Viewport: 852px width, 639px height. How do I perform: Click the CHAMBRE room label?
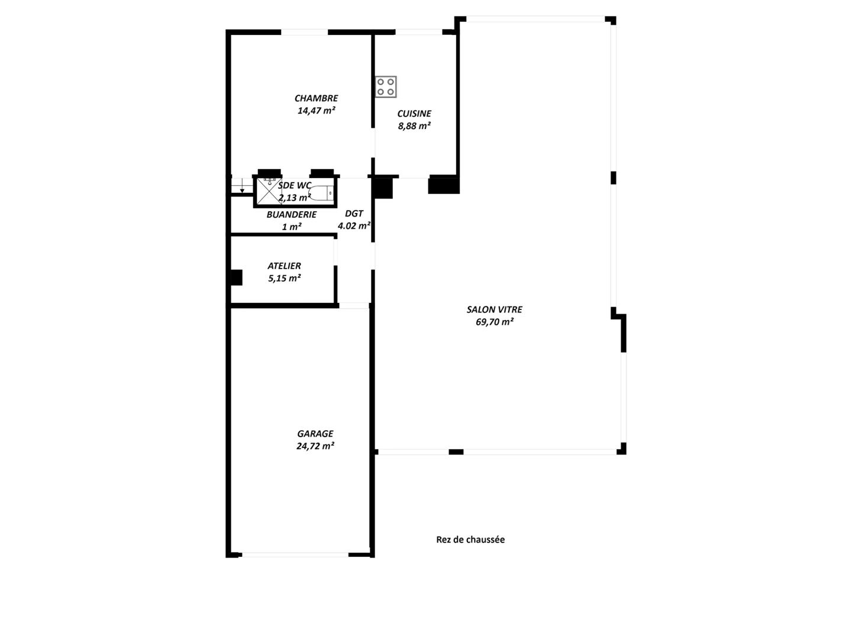click(316, 98)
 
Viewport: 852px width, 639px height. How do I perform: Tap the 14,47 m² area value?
click(316, 111)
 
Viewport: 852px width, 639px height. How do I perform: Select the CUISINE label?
click(414, 114)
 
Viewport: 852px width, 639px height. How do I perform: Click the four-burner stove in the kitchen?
click(385, 87)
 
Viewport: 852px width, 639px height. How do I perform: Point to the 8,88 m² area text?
click(414, 126)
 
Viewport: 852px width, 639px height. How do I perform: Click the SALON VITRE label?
click(494, 309)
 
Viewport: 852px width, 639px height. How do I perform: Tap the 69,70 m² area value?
click(495, 322)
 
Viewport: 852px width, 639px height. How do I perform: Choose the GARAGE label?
click(315, 434)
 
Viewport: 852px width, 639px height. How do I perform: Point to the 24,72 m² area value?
click(315, 446)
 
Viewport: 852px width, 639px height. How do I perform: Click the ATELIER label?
click(284, 266)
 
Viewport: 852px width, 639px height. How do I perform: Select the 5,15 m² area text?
click(284, 278)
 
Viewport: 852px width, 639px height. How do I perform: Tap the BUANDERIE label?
click(292, 215)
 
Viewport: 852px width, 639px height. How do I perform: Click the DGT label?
click(354, 214)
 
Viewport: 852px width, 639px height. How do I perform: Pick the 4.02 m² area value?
click(354, 226)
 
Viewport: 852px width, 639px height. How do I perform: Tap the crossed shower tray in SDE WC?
click(268, 192)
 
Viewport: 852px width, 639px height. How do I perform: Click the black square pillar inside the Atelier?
click(237, 278)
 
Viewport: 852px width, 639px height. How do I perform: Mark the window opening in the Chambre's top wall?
click(304, 32)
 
